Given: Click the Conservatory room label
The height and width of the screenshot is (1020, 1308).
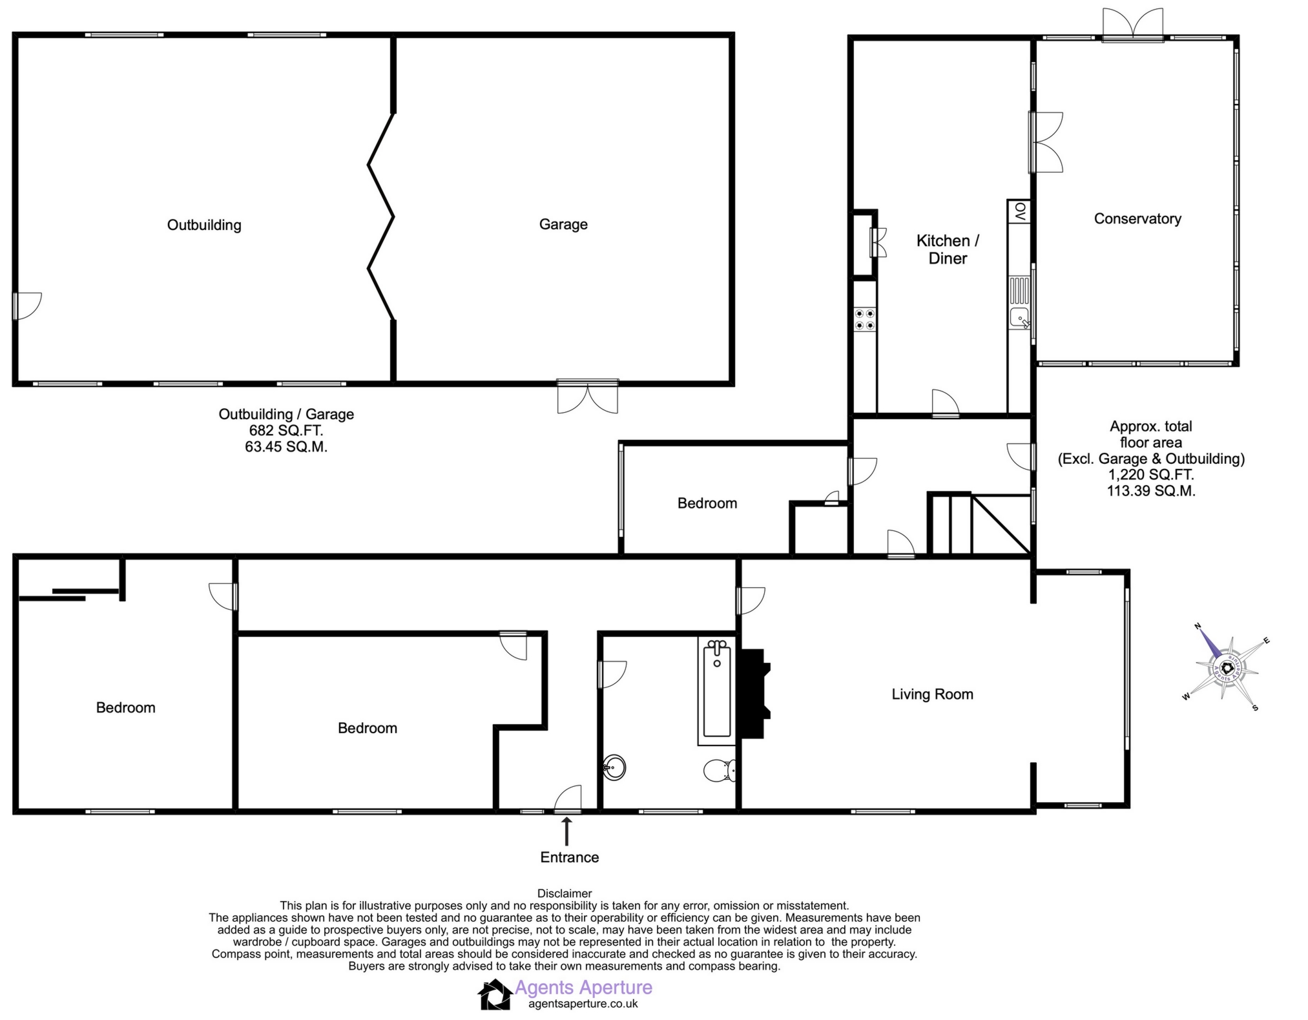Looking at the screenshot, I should [1137, 218].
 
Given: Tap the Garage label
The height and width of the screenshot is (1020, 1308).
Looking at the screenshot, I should [563, 224].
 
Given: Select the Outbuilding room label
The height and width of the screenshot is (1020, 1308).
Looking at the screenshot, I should [204, 225].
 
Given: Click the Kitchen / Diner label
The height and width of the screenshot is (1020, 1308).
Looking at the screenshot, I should [947, 249].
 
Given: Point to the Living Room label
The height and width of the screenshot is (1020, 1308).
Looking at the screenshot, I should [931, 694].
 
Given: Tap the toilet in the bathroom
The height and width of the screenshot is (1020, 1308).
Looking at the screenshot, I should [719, 770].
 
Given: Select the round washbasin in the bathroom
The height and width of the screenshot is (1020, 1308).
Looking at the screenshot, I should [614, 767].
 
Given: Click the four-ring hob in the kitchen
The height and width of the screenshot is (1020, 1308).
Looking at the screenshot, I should [865, 319].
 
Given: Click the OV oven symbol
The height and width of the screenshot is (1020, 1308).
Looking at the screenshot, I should [1020, 212].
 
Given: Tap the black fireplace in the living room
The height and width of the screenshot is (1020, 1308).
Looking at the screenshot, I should [754, 693].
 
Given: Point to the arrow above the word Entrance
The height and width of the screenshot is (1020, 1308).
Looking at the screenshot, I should [567, 831].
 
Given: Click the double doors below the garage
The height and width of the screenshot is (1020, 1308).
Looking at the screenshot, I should [588, 397].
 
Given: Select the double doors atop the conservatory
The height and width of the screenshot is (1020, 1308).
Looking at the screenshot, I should [1133, 25].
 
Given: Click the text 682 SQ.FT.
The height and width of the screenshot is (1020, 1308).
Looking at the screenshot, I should [285, 430].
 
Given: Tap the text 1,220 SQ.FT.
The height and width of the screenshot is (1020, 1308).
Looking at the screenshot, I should [1150, 475].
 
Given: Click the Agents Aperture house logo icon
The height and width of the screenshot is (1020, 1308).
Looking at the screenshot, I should [495, 995].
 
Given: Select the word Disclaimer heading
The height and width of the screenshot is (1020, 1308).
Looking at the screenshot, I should [564, 893].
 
